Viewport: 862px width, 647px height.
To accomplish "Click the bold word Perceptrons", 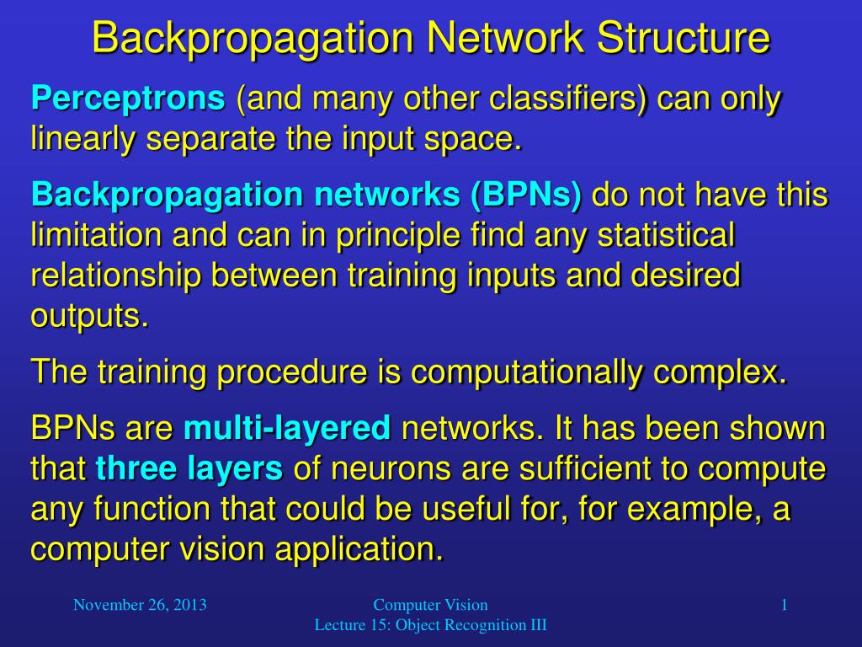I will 128,100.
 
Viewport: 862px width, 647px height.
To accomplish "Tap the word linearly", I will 83,138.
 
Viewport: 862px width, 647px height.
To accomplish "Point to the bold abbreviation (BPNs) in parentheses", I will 526,195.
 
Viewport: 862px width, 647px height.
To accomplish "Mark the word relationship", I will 110,275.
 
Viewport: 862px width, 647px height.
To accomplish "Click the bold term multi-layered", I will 287,429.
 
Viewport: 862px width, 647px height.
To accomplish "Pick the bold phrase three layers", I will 189,468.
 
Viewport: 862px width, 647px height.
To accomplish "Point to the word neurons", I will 370,468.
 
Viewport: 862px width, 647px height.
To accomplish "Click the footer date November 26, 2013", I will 140,605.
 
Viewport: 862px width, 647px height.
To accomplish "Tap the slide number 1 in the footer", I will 784,605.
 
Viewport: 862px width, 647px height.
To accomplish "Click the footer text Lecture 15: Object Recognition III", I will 430,625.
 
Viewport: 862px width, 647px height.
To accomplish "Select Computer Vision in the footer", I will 430,605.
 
